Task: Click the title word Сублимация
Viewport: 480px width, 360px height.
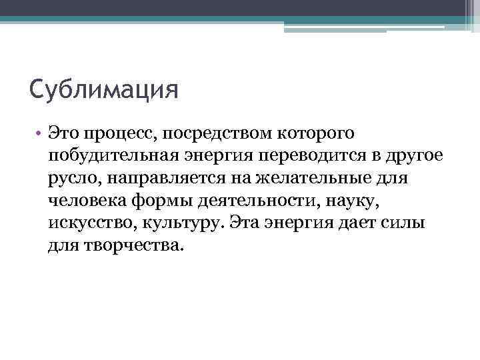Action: point(104,90)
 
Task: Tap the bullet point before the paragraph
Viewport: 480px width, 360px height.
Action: point(41,133)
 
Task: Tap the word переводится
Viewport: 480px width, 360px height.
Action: point(309,157)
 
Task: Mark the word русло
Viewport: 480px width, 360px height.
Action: point(69,179)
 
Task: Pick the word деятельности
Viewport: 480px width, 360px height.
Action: point(258,201)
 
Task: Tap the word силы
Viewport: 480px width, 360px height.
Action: point(404,223)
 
